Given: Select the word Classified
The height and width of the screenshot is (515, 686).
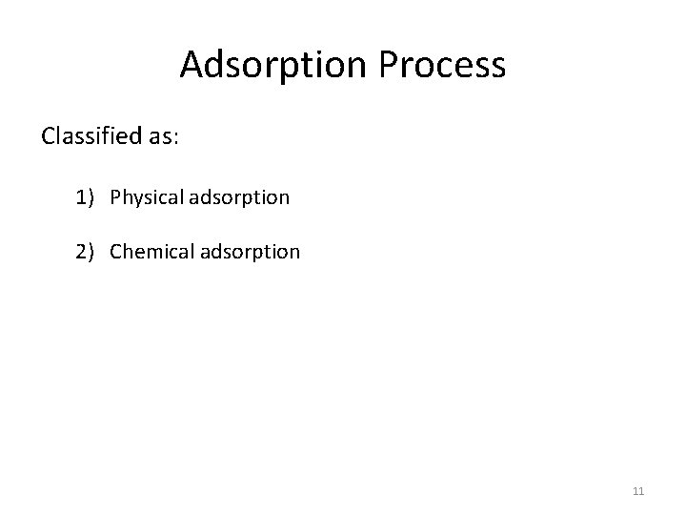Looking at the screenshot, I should click(91, 135).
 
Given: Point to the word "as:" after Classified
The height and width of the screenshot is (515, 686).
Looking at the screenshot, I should click(162, 135).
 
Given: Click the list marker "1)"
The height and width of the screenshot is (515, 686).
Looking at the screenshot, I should click(87, 197).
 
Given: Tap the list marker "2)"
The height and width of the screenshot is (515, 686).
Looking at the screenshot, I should click(87, 252).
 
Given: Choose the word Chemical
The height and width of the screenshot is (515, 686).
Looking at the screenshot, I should click(148, 252).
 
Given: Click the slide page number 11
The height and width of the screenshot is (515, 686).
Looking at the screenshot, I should click(638, 491).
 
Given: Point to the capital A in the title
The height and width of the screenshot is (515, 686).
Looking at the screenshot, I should click(191, 65).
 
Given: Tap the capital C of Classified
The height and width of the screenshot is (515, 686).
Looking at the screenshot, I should click(49, 135).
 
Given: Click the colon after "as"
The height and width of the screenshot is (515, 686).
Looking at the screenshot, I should click(174, 137).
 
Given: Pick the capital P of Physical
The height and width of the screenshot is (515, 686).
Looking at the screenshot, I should click(115, 197).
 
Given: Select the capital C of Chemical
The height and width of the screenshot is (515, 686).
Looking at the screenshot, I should click(116, 252).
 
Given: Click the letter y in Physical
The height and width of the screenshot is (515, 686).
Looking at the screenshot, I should click(135, 199).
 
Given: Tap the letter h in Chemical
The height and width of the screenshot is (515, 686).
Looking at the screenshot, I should click(128, 252).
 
